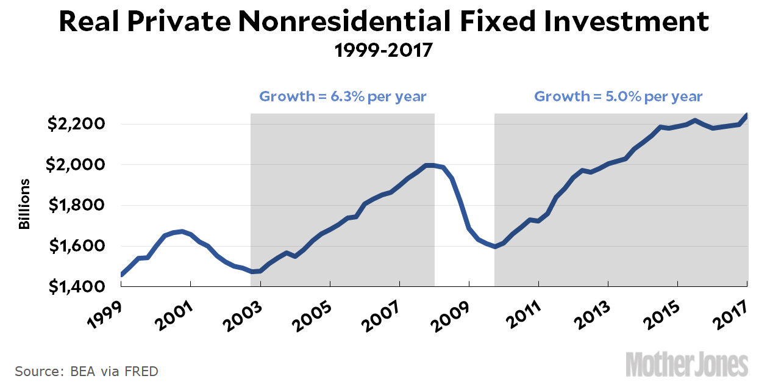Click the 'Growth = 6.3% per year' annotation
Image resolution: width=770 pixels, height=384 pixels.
coord(343,96)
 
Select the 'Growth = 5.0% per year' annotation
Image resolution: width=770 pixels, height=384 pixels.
coord(618,96)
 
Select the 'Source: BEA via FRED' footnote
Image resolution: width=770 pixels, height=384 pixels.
coord(87,371)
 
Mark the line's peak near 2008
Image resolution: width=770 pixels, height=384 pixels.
coord(430,165)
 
